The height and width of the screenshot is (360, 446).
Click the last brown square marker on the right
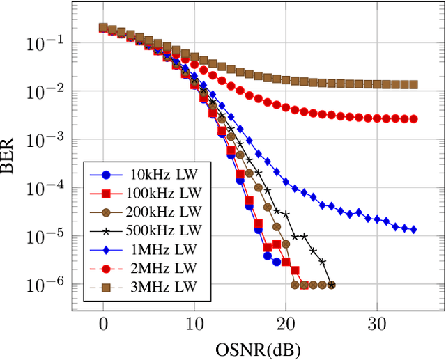tap(413, 85)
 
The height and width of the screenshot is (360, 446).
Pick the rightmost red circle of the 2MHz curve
tap(413, 119)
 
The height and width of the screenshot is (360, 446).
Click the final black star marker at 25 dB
tap(331, 285)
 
